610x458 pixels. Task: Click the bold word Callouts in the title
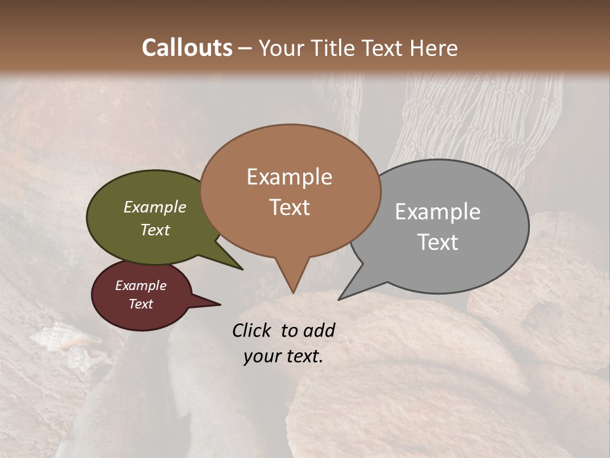(187, 48)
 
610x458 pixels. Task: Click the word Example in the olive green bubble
(155, 207)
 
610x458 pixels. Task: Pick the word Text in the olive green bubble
(155, 230)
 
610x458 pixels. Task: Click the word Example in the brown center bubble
(289, 177)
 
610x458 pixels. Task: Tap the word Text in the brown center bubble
(289, 207)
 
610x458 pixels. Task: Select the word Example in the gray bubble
(438, 212)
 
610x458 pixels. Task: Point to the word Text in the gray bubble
(438, 242)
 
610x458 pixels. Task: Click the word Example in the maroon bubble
(141, 286)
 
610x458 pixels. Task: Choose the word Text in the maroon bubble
(141, 304)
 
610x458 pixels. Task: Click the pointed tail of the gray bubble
(340, 298)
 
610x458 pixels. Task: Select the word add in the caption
(320, 330)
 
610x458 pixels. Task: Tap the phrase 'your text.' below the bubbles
(283, 356)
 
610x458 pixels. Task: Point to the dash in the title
(245, 48)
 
